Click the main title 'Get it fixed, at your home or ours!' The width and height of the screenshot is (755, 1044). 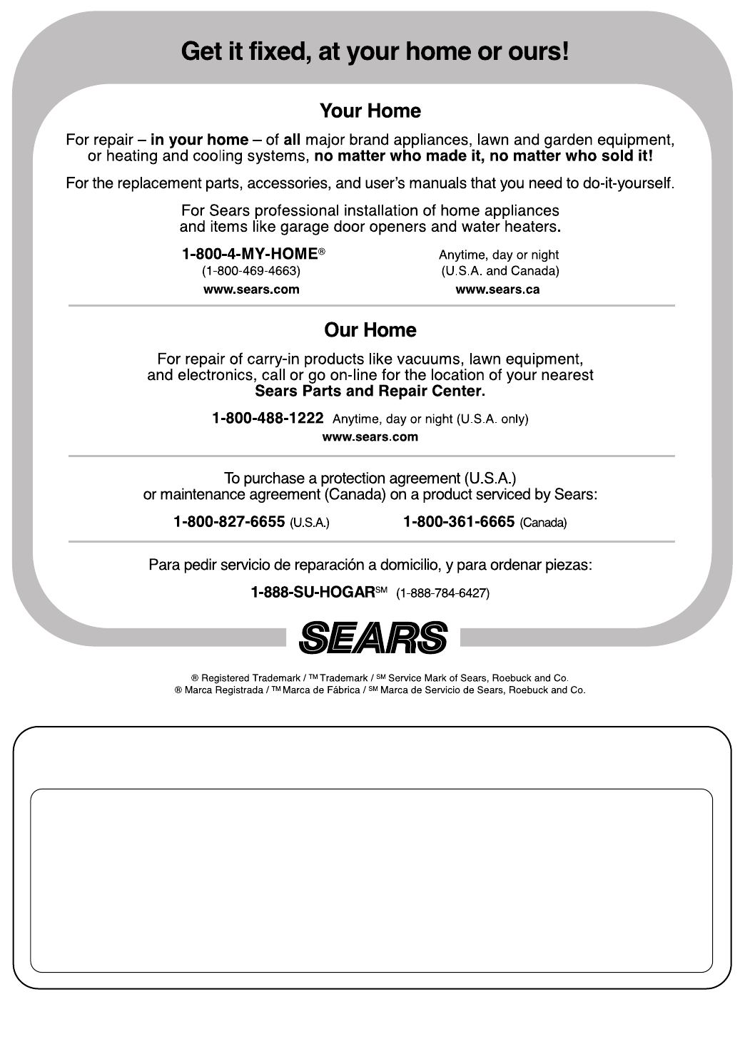coord(375,52)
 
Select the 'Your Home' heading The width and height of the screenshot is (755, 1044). coord(370,111)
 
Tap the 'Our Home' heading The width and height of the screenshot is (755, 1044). coord(370,330)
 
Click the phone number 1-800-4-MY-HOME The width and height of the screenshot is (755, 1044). coord(250,255)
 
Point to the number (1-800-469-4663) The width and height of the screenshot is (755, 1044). coord(251,271)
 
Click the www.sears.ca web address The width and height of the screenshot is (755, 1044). coord(497,290)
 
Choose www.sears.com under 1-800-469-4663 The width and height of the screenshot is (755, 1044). coord(251,290)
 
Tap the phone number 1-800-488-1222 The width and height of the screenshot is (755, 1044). coord(268,419)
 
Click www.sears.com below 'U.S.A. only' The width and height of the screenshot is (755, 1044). coord(370,437)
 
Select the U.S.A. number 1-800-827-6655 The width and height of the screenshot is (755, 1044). coord(230,522)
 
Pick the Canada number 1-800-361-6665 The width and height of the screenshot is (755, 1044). coord(459,522)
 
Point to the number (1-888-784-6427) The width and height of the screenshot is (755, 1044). coord(442,593)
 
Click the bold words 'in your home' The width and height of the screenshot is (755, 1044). coord(199,140)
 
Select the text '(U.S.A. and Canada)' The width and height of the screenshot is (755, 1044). coord(500,271)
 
